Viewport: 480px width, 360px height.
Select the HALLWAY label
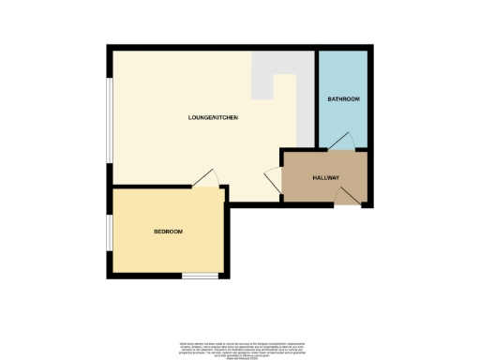[325, 177]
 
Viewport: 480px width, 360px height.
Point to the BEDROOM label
[168, 232]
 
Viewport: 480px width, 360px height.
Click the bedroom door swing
[208, 178]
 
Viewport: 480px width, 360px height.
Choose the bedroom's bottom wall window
[200, 275]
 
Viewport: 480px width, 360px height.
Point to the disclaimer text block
[239, 348]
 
